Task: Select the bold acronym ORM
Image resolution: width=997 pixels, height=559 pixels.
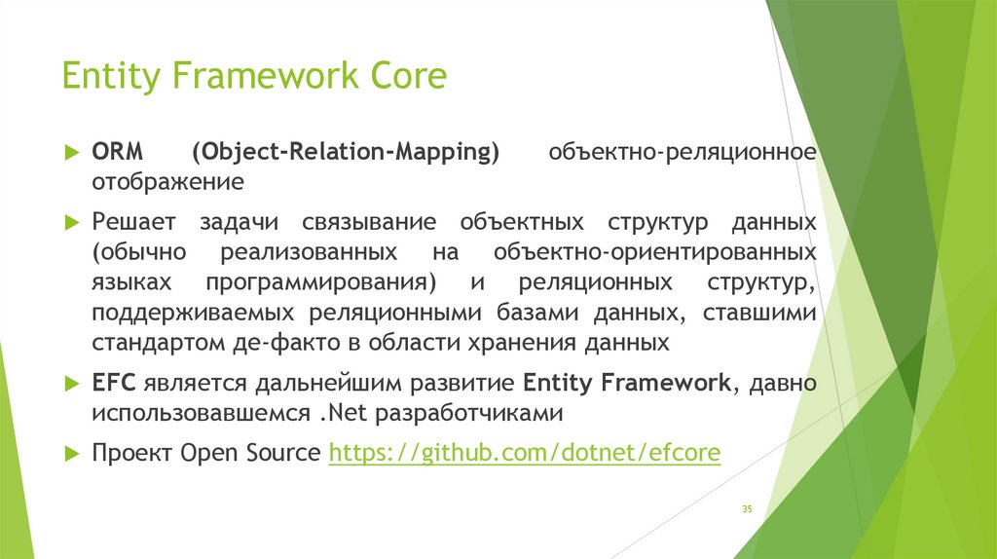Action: pyautogui.click(x=118, y=151)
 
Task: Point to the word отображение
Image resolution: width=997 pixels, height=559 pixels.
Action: pyautogui.click(x=167, y=182)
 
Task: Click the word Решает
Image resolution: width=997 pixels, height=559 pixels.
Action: pyautogui.click(x=133, y=222)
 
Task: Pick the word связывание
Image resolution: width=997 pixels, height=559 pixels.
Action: pyautogui.click(x=369, y=222)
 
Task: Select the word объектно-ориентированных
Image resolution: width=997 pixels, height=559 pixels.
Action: pyautogui.click(x=655, y=253)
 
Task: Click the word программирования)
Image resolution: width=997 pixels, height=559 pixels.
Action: pyautogui.click(x=321, y=283)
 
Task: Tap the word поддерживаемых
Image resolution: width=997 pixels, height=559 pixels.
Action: pyautogui.click(x=193, y=314)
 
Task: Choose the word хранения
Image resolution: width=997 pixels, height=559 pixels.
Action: pyautogui.click(x=523, y=344)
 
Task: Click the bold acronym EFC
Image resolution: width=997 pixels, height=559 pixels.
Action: pyautogui.click(x=114, y=383)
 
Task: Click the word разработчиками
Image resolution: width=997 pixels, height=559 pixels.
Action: pyautogui.click(x=468, y=414)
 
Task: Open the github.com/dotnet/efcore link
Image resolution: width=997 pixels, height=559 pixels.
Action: pyautogui.click(x=525, y=454)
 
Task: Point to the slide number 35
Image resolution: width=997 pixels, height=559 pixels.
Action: pyautogui.click(x=747, y=508)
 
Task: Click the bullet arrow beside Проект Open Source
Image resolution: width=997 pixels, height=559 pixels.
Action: pyautogui.click(x=72, y=454)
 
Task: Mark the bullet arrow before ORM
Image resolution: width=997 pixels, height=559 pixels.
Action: pyautogui.click(x=72, y=152)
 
